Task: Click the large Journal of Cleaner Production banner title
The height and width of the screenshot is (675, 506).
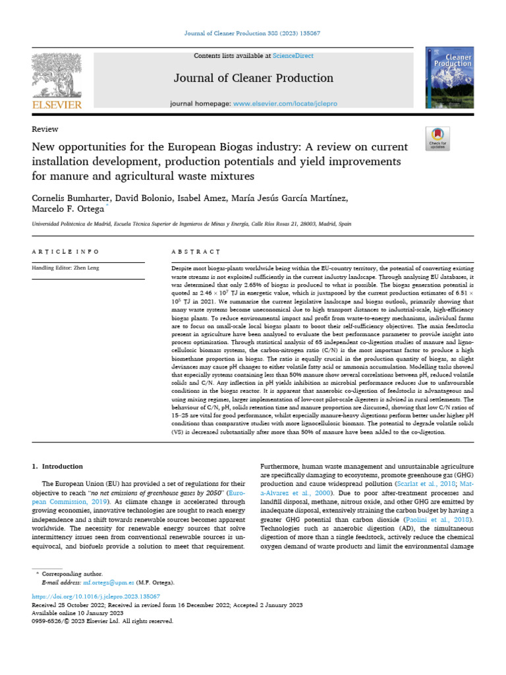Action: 253,78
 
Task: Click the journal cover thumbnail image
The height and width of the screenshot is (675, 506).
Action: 450,77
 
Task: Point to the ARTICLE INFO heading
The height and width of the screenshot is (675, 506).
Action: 66,252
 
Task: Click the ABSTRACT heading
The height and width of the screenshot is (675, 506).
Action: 195,252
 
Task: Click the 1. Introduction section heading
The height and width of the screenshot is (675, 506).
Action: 58,467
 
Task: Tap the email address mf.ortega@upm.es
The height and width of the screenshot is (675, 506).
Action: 108,583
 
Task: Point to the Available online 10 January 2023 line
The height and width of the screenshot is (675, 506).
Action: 78,612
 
